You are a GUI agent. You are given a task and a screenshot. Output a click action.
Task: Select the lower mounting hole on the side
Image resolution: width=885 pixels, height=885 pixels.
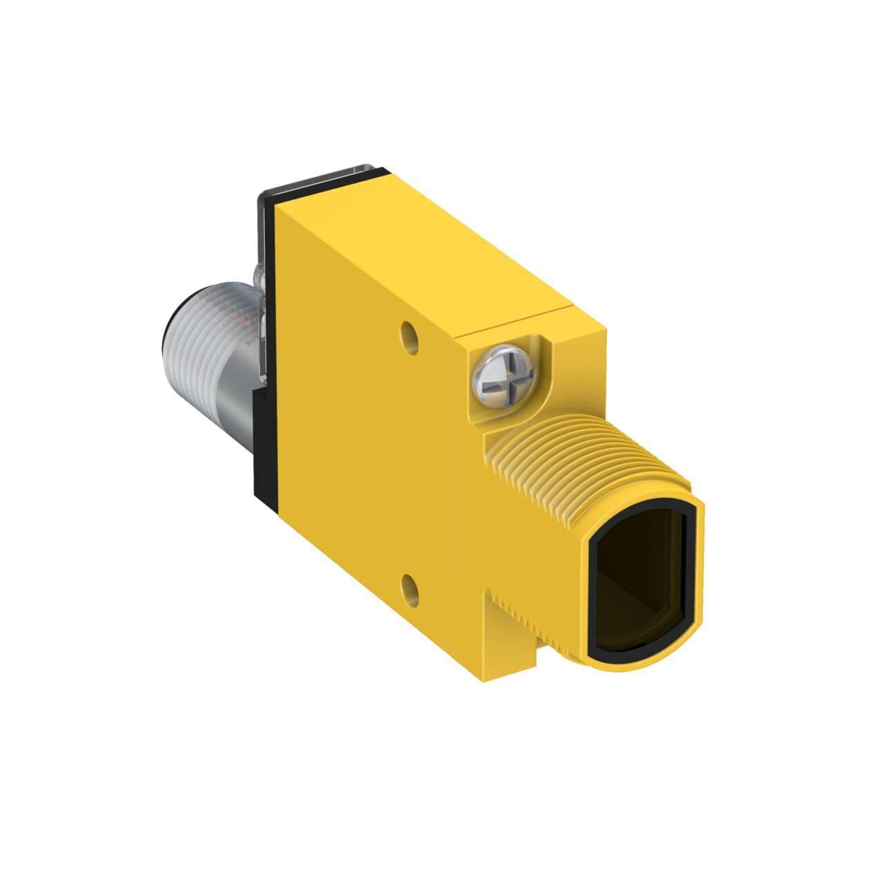(411, 588)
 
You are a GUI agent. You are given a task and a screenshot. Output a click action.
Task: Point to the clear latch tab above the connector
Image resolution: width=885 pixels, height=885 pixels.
(261, 283)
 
